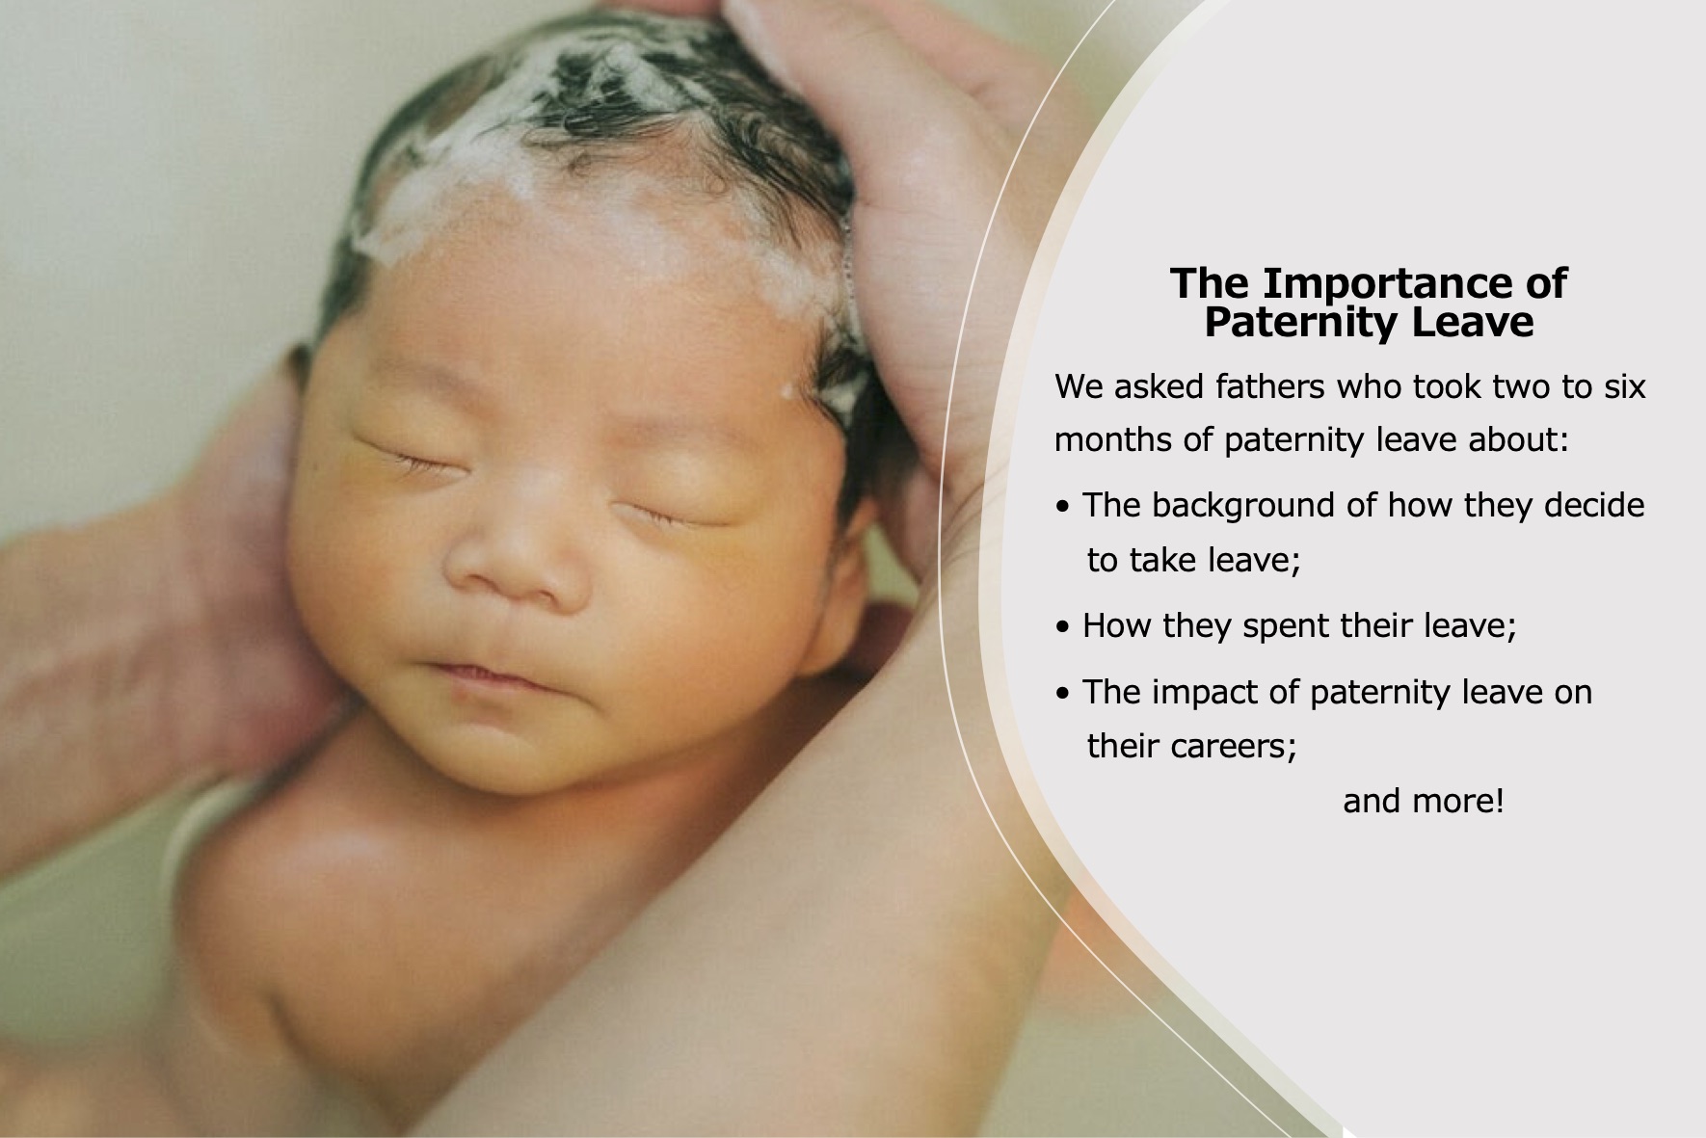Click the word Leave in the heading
click(x=1472, y=322)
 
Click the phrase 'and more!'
click(x=1424, y=802)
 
